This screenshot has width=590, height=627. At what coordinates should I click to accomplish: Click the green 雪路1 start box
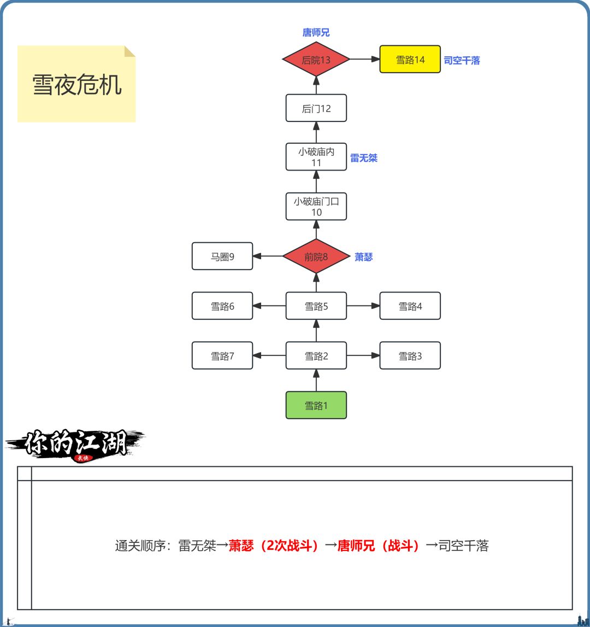coord(316,405)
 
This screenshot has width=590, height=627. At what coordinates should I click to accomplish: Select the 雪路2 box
coord(316,356)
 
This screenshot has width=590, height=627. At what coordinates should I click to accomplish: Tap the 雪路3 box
coord(410,356)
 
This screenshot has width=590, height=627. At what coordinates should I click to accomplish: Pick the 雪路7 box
coord(222,356)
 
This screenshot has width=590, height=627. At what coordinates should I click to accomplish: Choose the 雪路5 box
coord(316,306)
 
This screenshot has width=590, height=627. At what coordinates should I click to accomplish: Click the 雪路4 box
coord(410,306)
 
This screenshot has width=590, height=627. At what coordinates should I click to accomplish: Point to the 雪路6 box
coord(222,306)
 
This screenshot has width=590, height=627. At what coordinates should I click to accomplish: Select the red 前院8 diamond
coord(316,256)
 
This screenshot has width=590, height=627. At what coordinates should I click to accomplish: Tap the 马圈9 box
coord(222,256)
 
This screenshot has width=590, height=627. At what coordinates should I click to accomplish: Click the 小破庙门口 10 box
coord(316,207)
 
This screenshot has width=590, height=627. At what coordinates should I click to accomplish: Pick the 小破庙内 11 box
coord(316,157)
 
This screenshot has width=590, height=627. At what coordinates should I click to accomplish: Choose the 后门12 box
coord(316,108)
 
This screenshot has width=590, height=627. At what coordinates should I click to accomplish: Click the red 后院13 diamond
coord(316,60)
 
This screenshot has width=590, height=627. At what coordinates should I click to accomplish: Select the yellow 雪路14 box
coord(410,60)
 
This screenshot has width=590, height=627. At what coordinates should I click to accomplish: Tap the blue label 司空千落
coord(462,61)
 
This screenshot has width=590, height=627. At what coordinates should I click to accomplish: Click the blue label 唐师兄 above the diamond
coord(316,33)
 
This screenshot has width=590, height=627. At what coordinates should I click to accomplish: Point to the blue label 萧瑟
coord(363,257)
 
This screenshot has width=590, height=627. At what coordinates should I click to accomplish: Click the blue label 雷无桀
coord(364,158)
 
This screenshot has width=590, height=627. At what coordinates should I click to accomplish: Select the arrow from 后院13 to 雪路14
coord(364,60)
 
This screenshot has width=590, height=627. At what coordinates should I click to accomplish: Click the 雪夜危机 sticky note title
coord(77,85)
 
